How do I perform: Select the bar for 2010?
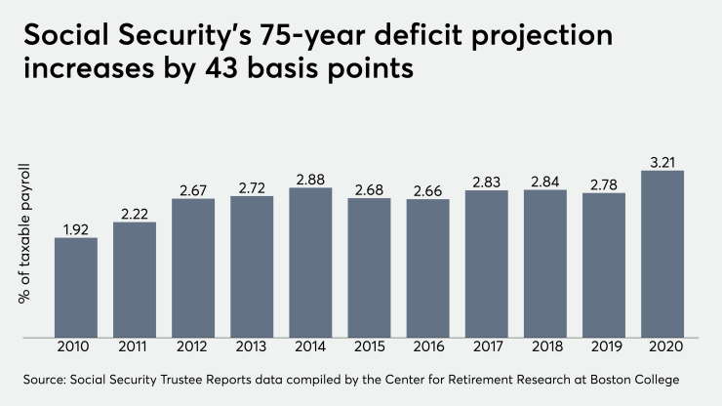click(76, 288)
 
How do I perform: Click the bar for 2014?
click(310, 264)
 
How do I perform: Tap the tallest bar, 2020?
click(662, 255)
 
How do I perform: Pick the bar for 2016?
click(427, 269)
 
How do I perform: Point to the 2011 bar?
click(135, 280)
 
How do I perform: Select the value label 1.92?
click(76, 228)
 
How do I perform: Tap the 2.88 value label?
click(310, 179)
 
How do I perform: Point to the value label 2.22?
click(135, 213)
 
